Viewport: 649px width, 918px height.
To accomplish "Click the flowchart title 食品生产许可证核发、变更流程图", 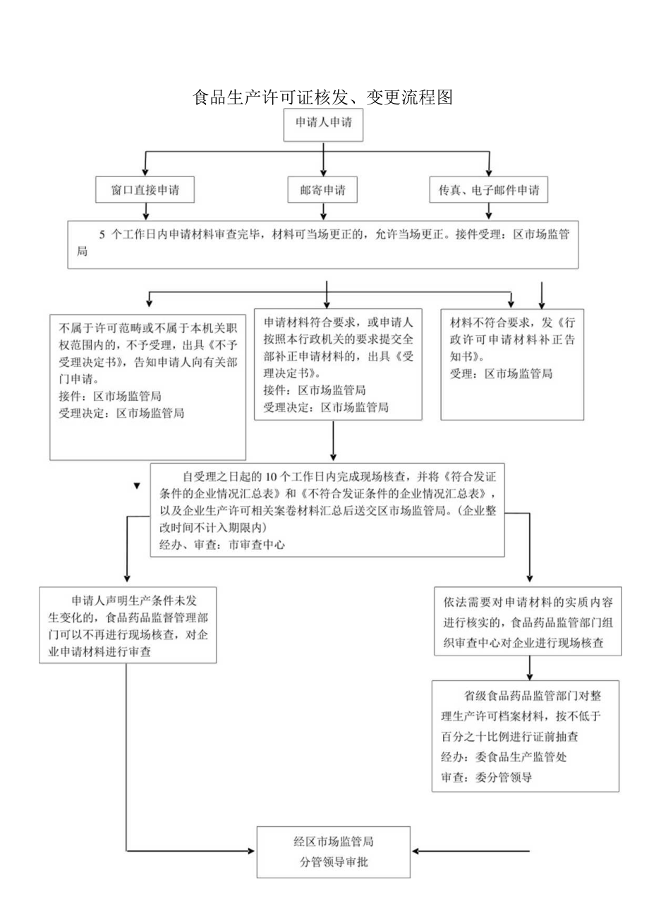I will click(x=323, y=97).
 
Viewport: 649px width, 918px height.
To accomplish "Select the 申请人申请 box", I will click(x=323, y=127).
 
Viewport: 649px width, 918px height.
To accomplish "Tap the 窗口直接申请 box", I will click(x=145, y=191).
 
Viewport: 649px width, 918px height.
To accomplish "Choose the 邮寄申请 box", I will click(x=323, y=191).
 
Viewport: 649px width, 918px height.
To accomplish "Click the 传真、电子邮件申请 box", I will click(x=488, y=191).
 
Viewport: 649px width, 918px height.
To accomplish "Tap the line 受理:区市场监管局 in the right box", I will click(x=501, y=373).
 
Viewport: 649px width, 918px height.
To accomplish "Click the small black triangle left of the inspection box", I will click(x=136, y=486).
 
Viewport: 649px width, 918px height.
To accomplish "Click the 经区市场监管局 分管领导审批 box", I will click(x=333, y=851).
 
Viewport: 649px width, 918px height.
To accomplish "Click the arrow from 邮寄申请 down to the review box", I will click(x=323, y=211).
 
